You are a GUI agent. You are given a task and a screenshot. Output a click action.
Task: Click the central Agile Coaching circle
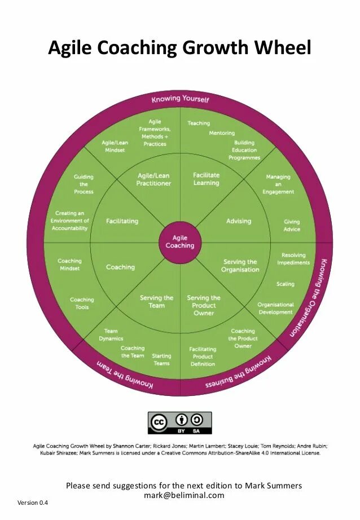click(180, 242)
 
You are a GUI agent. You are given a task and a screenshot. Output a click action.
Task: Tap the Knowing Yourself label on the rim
click(180, 99)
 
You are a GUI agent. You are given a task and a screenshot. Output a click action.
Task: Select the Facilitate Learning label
click(206, 179)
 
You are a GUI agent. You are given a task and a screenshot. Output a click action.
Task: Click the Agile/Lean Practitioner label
click(154, 179)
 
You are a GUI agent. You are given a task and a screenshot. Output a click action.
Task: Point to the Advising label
click(238, 221)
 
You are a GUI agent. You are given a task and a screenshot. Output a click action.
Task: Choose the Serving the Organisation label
click(240, 266)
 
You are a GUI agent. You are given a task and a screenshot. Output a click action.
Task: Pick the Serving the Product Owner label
click(204, 305)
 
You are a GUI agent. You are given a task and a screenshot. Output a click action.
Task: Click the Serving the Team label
click(156, 302)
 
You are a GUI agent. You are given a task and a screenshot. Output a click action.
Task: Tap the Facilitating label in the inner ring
click(122, 221)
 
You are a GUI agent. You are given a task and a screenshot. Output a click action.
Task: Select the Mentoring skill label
click(222, 133)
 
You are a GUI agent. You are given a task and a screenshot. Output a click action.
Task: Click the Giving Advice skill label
click(292, 226)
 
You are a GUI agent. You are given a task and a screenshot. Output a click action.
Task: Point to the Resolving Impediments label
click(293, 259)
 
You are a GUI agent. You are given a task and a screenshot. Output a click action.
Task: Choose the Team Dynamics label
click(111, 335)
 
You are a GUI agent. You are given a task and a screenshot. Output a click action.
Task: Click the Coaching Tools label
click(82, 303)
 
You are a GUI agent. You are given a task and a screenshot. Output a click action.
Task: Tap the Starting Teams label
click(161, 360)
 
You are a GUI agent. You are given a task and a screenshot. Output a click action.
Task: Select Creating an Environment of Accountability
click(69, 221)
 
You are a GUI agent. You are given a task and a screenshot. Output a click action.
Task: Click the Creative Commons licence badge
click(179, 423)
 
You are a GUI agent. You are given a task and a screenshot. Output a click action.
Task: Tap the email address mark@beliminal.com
click(184, 496)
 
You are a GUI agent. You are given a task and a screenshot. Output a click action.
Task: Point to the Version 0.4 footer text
click(33, 503)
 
